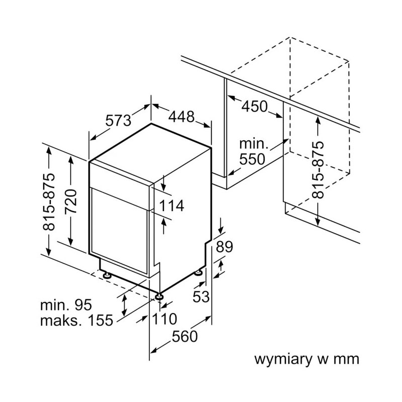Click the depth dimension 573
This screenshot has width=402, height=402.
coord(119,121)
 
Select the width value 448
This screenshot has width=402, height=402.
coord(181,117)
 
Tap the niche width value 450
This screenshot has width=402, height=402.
coord(255,107)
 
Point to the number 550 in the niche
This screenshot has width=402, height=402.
coord(252,159)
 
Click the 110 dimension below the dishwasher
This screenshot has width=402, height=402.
coord(165,319)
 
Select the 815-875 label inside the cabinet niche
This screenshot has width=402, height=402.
coord(319,169)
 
